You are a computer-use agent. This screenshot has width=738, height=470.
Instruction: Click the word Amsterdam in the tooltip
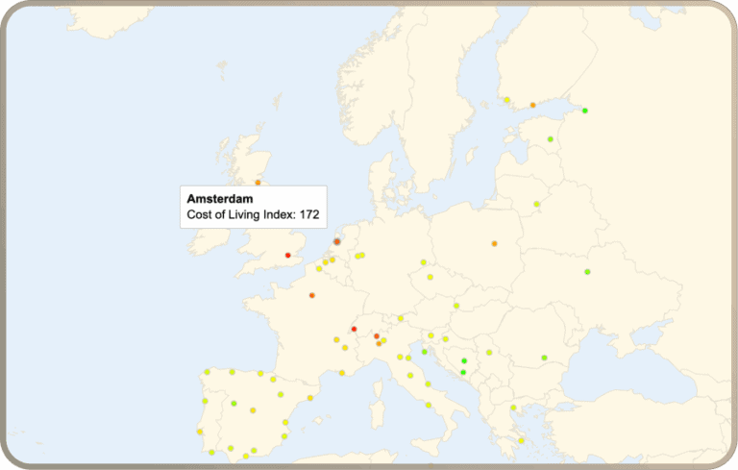pos(213,198)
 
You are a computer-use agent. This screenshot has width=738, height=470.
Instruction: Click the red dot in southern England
pos(287,255)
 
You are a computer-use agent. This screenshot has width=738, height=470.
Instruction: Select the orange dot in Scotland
pos(258,182)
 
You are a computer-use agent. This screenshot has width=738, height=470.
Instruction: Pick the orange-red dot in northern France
pos(312,295)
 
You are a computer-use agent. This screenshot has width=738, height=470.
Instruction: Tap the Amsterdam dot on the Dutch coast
pos(336,242)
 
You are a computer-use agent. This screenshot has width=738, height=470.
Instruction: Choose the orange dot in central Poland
pos(494,243)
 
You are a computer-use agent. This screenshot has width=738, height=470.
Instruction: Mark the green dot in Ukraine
pos(587,272)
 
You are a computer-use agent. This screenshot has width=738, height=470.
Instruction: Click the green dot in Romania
pos(544,358)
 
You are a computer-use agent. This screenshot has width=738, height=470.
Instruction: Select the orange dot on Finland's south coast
pos(532,105)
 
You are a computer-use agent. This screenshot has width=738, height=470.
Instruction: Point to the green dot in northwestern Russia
pos(584,111)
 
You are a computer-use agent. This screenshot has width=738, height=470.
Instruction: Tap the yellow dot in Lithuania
pos(536,204)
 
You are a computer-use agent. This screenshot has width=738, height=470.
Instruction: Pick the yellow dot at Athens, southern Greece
pos(521,440)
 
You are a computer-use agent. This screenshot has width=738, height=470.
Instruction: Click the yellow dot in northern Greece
pos(513,408)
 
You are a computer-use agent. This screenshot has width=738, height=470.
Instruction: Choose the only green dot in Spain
pos(234,403)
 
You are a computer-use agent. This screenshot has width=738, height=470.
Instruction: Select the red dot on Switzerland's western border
pos(355,329)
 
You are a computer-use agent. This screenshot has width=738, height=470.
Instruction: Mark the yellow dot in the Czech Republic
pos(430,277)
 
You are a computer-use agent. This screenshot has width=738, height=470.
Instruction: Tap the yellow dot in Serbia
pos(489,353)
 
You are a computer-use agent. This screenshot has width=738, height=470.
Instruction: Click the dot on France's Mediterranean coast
pos(342,373)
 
